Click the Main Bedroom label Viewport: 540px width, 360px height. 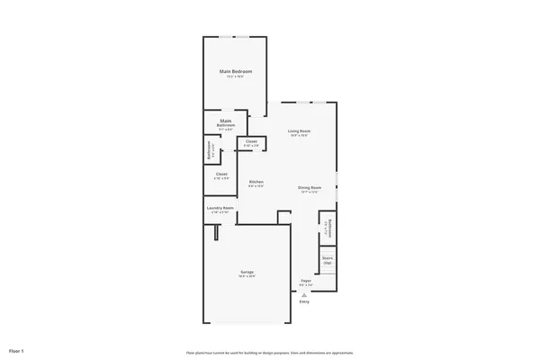tap(236, 71)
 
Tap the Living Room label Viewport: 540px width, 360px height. tap(299, 131)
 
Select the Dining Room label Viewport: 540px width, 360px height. tap(309, 187)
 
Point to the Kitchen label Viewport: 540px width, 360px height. tap(256, 182)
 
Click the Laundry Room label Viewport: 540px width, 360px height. tap(220, 208)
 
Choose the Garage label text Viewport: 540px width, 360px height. tap(247, 272)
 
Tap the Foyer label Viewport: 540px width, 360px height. tap(307, 281)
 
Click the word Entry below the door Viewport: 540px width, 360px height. tap(303, 301)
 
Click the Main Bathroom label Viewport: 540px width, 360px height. tap(226, 121)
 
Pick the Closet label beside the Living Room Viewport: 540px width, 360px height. tap(251, 141)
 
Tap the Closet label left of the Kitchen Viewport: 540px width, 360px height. tap(221, 174)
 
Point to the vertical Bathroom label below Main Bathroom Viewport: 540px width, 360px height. tap(209, 150)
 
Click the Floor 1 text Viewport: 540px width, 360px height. tap(16, 349)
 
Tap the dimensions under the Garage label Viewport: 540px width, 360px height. tap(247, 276)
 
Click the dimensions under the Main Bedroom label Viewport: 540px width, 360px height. tap(236, 76)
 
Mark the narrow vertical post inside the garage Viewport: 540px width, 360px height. tap(216, 233)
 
